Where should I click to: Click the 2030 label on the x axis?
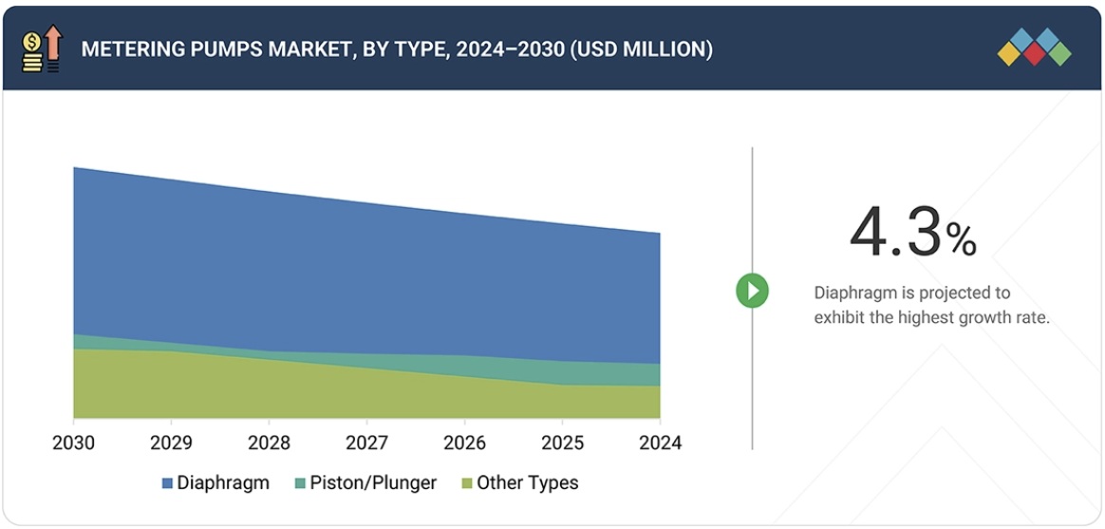(73, 444)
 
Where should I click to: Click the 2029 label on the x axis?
(171, 444)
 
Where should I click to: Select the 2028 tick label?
(269, 444)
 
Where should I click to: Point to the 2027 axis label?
(366, 444)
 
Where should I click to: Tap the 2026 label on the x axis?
(464, 444)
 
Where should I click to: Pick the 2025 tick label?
(562, 444)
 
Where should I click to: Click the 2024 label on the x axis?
(660, 444)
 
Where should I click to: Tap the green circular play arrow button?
(752, 291)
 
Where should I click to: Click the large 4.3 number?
(895, 233)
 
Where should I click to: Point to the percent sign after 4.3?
(961, 241)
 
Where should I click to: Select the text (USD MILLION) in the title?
(641, 49)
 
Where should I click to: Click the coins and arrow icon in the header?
(42, 49)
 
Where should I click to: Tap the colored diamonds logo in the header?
(1034, 47)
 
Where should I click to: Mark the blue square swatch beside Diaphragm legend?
(167, 483)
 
